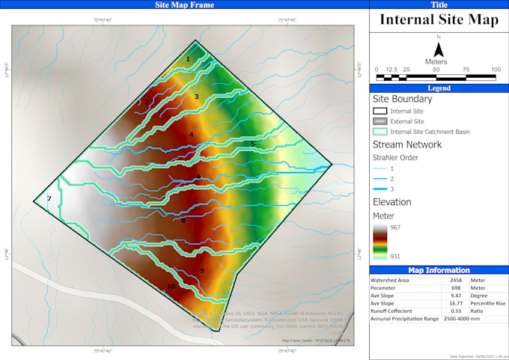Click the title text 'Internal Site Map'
[439, 20]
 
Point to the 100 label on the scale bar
[496, 69]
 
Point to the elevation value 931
[397, 257]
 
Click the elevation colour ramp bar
[380, 242]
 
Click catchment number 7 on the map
[49, 198]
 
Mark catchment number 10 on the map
[171, 286]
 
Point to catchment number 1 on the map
[188, 58]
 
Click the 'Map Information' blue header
[439, 270]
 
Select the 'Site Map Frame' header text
[184, 5]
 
